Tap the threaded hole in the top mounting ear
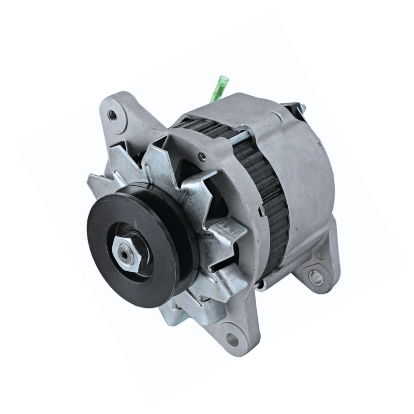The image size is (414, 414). [111, 114]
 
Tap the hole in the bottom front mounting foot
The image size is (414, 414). [233, 340]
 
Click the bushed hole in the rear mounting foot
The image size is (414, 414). [315, 278]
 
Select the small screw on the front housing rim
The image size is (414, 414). [202, 157]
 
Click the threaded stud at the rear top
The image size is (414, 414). [303, 108]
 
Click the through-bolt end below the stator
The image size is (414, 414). [261, 284]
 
